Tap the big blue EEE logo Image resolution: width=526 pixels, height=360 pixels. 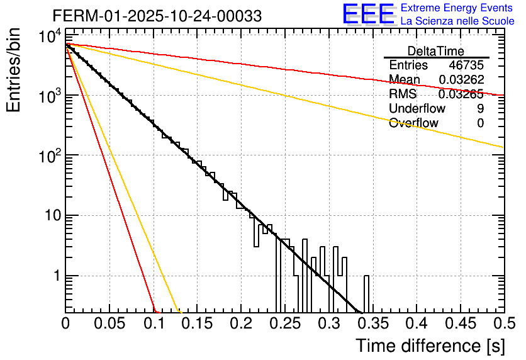tap(368, 14)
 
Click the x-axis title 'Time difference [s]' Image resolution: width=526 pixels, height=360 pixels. tap(429, 346)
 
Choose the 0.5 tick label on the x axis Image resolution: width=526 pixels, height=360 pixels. tap(501, 323)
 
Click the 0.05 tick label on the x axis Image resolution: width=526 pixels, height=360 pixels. tap(109, 323)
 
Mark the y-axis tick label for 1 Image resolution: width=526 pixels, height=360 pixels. tap(56, 276)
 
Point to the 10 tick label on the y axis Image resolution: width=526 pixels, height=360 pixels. tap(50, 216)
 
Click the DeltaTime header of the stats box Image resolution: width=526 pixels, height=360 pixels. tap(436, 51)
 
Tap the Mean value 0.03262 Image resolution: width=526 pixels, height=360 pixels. tap(461, 80)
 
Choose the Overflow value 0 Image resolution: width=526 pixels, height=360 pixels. tap(480, 123)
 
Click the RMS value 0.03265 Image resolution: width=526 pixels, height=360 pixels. tap(461, 94)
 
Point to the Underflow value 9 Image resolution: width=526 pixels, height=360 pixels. tap(480, 109)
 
